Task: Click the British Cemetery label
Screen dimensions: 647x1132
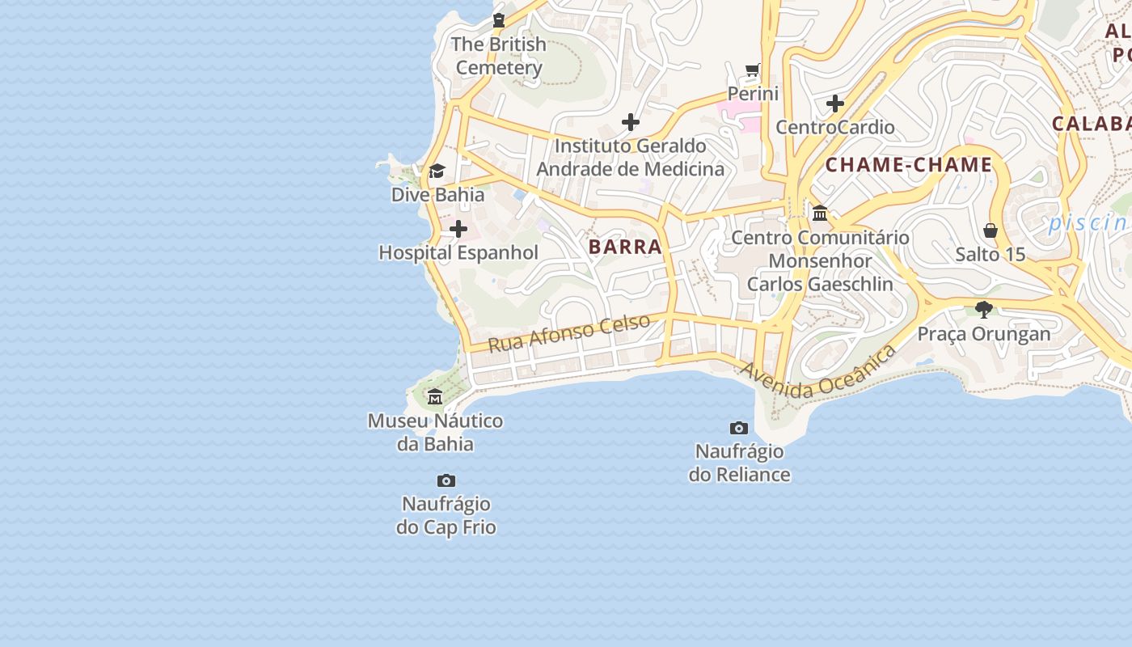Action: (498, 56)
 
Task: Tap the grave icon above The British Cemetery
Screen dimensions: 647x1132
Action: (499, 20)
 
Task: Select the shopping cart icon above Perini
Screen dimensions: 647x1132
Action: (753, 70)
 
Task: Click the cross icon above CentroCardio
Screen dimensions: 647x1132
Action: (835, 104)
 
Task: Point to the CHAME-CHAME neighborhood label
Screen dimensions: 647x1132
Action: (908, 165)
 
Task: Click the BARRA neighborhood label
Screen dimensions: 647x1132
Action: (625, 247)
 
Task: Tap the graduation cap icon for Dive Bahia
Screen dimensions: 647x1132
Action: (437, 171)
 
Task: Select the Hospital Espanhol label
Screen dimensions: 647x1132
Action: (458, 252)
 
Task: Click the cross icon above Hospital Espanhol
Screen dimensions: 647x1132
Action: (458, 229)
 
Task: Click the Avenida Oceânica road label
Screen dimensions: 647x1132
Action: (818, 373)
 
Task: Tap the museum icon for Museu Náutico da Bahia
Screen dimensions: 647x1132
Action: (435, 396)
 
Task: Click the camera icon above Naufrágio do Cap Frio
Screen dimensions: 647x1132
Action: (446, 480)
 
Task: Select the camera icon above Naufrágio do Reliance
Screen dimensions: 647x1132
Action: (739, 428)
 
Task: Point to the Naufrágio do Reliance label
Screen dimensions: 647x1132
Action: (739, 463)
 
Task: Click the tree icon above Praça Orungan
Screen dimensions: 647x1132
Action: (984, 309)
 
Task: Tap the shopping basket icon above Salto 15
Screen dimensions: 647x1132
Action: (990, 230)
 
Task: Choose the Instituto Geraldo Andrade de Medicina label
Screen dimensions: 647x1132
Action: (630, 158)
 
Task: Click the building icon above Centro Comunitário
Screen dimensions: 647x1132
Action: (820, 213)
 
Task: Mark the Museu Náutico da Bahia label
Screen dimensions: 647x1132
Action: (435, 432)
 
